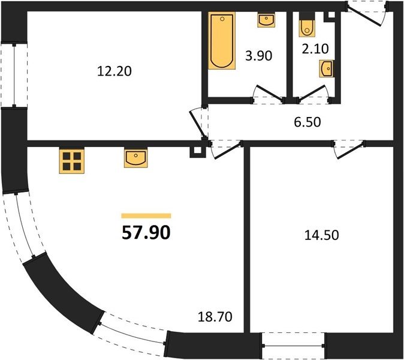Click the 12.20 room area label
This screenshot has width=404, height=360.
[x=114, y=71]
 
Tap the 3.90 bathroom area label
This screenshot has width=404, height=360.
[x=259, y=56]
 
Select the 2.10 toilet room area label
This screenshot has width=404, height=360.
[x=315, y=49]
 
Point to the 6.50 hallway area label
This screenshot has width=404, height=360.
[x=307, y=122]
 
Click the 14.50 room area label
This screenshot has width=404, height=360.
[x=321, y=235]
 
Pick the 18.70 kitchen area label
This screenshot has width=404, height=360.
[x=215, y=316]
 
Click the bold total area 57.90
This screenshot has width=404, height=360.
[x=146, y=232]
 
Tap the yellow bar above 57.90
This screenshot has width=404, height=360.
[x=146, y=216]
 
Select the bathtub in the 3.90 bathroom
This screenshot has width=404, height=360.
[x=222, y=41]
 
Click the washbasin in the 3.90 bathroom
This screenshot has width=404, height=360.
[x=266, y=20]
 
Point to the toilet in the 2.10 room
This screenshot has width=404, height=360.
[x=307, y=27]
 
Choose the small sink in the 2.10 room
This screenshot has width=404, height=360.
[x=327, y=68]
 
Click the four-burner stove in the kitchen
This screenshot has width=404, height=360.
[x=72, y=161]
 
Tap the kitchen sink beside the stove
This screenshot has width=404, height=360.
[x=136, y=158]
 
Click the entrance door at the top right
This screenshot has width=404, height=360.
[x=366, y=13]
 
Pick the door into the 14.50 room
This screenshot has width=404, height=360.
[x=349, y=149]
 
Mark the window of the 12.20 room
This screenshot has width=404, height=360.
[x=14, y=75]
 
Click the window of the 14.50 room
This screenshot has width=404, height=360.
[x=294, y=346]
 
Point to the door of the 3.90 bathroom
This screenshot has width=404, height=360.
[x=269, y=94]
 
